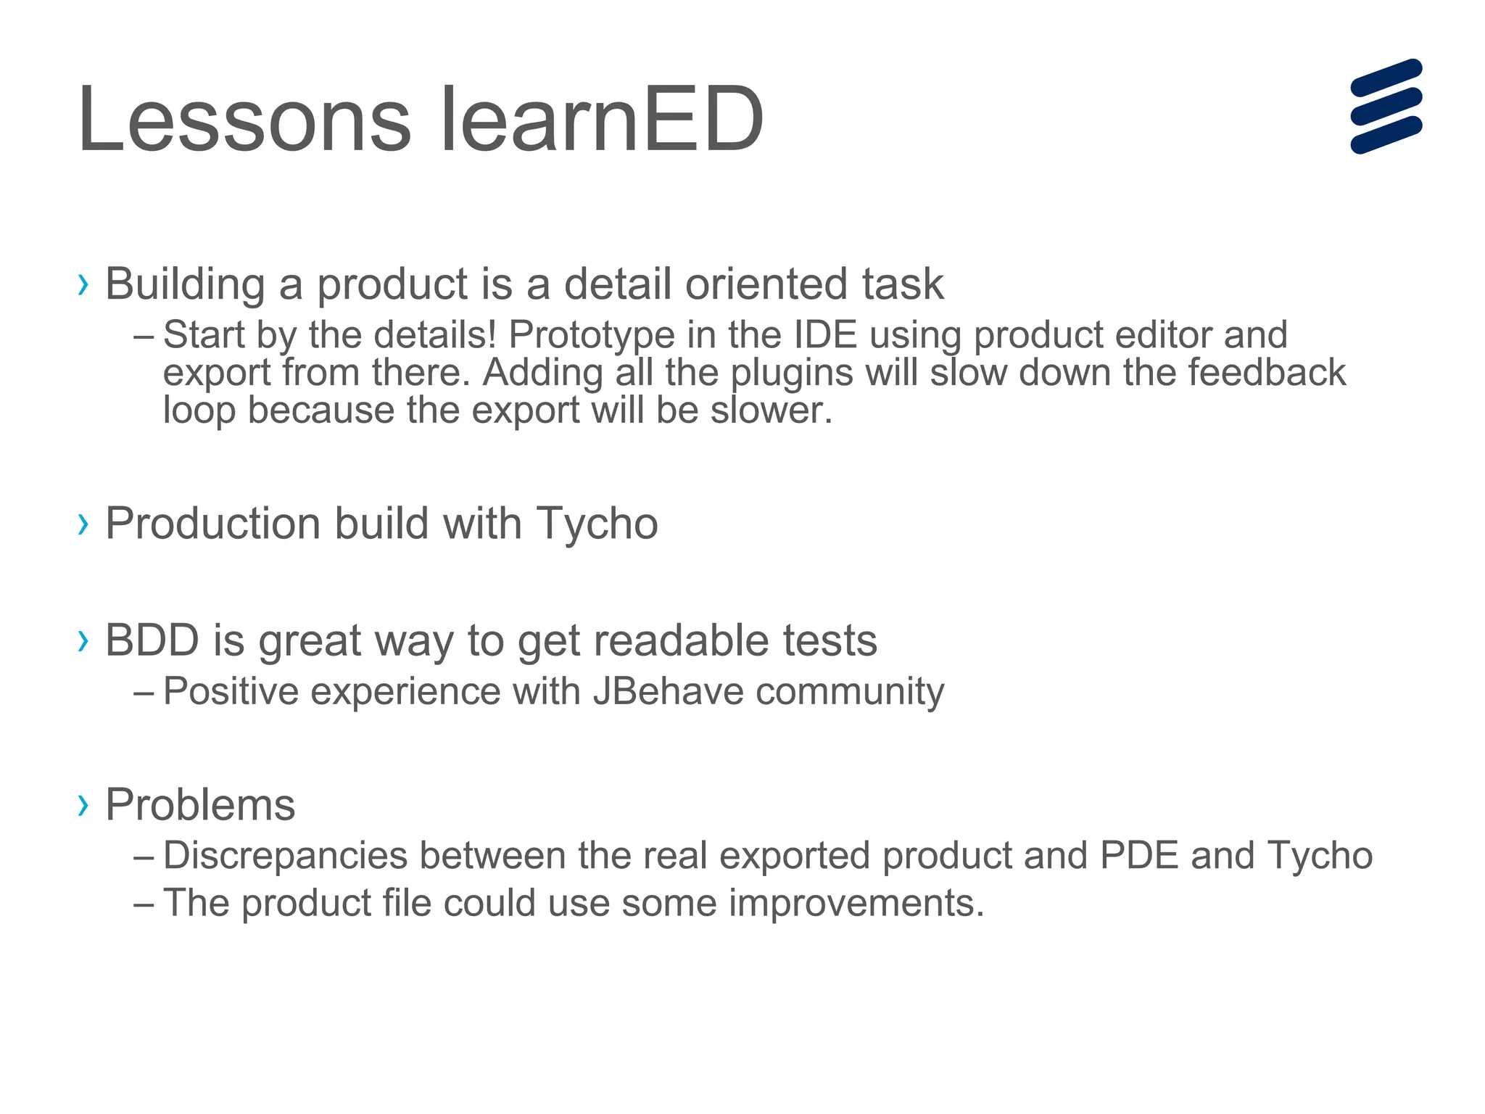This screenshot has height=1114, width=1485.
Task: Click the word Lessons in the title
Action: (x=244, y=120)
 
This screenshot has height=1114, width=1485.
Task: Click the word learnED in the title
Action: (x=601, y=120)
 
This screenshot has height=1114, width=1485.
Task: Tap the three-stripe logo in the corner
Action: (x=1386, y=106)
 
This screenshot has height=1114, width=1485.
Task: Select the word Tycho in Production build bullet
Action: (x=596, y=524)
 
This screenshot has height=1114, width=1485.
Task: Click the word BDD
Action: (x=152, y=640)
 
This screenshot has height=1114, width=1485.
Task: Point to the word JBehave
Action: (x=668, y=691)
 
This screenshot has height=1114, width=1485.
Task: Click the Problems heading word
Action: (x=200, y=805)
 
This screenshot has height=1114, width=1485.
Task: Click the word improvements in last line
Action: (x=855, y=904)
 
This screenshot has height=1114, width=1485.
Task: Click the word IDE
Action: (x=825, y=336)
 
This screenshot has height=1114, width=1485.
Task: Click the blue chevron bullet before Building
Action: (x=83, y=285)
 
